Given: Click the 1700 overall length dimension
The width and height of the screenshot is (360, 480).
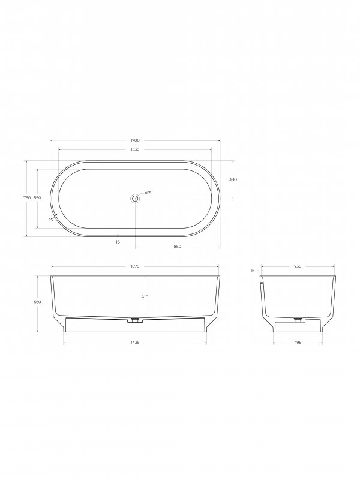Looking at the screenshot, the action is (x=135, y=140).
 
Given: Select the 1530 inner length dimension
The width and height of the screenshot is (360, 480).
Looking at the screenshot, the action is (x=135, y=149).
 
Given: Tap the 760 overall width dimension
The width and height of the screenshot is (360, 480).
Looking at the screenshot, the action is (x=27, y=198).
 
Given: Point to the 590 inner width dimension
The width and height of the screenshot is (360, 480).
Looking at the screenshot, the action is (x=37, y=198).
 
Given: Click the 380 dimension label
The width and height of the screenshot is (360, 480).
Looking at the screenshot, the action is (x=233, y=179).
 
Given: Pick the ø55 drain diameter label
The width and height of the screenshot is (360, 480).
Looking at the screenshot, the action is (x=148, y=193).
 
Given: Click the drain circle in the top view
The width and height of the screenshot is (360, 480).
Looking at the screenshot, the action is (x=135, y=199).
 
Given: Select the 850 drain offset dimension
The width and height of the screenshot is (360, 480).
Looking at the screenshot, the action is (x=178, y=247).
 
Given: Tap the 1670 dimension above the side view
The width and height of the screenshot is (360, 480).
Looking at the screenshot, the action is (x=135, y=266).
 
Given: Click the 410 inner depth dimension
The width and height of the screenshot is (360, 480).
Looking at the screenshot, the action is (x=145, y=296).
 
